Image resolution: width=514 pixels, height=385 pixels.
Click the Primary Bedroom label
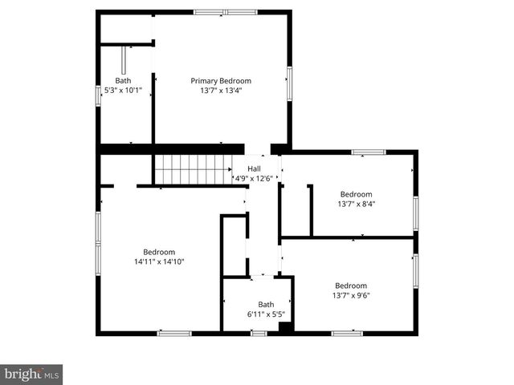pos(221,80)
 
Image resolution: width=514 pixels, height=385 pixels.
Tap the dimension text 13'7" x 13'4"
pos(221,91)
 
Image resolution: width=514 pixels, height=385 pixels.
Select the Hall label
pos(254,168)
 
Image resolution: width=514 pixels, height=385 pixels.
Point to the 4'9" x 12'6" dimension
pos(254,177)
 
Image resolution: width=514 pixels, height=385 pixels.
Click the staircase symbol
pos(193,169)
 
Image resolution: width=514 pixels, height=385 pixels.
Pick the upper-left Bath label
pos(123,80)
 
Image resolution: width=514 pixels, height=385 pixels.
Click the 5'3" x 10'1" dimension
pos(123,91)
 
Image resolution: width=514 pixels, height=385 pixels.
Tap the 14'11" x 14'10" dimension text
pos(159,261)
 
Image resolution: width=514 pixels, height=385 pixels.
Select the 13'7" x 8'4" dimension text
pos(356,204)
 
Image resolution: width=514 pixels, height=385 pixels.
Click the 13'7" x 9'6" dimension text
pos(351,295)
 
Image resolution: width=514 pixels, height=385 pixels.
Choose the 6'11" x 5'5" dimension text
pos(266,314)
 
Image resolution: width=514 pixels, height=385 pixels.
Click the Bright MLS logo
pos(31,374)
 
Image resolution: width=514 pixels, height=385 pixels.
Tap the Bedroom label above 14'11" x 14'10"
pos(159,251)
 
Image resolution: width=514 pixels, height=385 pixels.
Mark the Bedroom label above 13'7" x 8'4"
pos(356,194)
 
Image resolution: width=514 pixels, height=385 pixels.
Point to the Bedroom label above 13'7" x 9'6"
pos(351,286)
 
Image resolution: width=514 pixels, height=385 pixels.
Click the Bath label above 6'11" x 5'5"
pos(266,304)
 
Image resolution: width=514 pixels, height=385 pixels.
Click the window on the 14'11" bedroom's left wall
pos(98,237)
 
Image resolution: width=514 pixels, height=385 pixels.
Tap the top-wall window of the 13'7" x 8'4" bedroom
pos(369,152)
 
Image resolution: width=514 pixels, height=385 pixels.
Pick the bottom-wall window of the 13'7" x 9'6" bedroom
pos(347,333)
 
